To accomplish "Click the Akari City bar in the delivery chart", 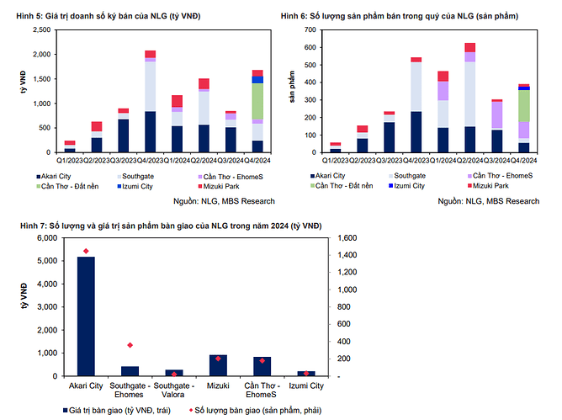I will pyautogui.click(x=86, y=316).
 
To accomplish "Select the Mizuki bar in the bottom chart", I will pyautogui.click(x=218, y=365).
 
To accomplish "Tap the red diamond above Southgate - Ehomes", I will pyautogui.click(x=130, y=345).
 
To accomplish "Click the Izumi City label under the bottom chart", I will pyautogui.click(x=305, y=385).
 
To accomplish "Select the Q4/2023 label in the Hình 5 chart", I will pyautogui.click(x=151, y=160).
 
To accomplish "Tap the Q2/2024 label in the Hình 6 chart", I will pyautogui.click(x=469, y=160).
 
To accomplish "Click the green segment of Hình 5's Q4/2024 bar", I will pyautogui.click(x=257, y=101).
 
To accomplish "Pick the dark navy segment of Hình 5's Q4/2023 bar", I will pyautogui.click(x=151, y=131).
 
